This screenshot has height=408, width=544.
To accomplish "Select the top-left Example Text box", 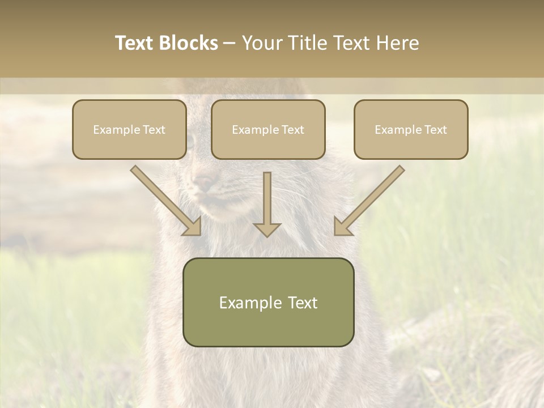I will point(129,129).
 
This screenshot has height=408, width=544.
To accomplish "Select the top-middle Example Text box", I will point(268,129).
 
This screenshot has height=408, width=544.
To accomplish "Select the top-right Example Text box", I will point(411,129).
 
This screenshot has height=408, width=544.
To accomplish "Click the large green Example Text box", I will point(268,302).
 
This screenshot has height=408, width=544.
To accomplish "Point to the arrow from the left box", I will point(164,199).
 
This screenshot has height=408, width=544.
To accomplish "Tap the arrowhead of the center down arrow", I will point(267,229).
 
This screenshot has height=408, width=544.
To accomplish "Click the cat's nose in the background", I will point(203,182).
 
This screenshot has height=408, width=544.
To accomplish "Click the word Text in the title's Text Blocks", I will point(135,43).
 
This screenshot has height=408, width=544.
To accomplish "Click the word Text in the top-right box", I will point(435,130).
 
